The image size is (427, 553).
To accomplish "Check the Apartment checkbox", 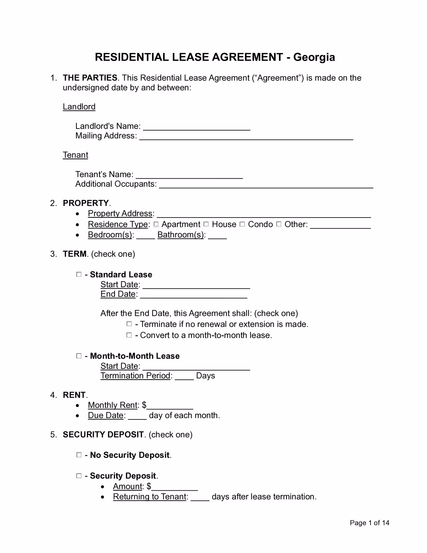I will tap(156, 224).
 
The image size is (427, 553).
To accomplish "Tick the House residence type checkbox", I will tap(206, 224).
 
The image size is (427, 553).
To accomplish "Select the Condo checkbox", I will tap(242, 224).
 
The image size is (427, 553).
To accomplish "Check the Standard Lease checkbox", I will tap(79, 274).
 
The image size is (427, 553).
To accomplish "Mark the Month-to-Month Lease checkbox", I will tap(79, 356).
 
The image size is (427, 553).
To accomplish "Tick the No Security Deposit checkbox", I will tap(79, 455).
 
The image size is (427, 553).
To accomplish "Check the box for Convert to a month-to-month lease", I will tap(129, 335).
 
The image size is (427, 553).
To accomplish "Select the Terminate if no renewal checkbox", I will tap(129, 324).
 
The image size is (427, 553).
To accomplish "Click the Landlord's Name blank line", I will tap(197, 128).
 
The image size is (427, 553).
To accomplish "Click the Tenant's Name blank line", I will tap(189, 176).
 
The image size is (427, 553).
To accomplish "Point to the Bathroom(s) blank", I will tap(218, 237).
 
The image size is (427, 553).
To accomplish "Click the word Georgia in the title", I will tap(314, 57).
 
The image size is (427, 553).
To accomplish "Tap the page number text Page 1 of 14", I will tap(370, 523).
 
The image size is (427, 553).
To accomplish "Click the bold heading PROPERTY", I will tap(86, 203).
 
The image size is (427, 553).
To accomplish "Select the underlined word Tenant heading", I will tap(75, 155).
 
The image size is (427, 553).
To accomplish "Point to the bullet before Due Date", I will tap(77, 416).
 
